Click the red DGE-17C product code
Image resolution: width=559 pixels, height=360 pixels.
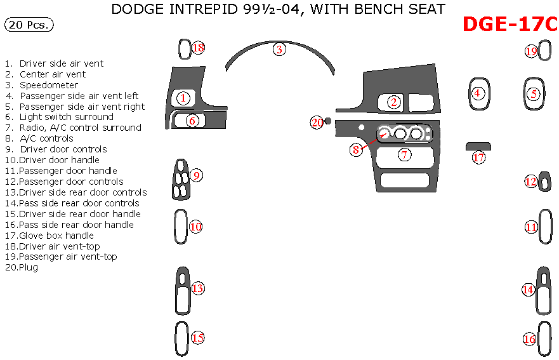[510, 24]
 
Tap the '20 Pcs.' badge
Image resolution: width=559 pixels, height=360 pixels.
[29, 25]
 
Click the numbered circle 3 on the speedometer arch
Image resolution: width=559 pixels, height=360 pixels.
[279, 49]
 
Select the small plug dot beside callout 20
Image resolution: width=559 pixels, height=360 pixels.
[328, 121]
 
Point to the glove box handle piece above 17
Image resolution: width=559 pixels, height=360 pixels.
[479, 146]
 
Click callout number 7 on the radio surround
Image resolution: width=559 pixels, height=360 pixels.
[404, 154]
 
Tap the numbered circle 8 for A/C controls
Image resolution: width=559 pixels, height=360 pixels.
[357, 150]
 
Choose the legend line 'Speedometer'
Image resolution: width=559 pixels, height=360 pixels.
[48, 85]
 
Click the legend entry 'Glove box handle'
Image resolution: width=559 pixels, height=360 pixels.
[56, 236]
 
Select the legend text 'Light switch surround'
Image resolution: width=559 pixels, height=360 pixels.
[66, 117]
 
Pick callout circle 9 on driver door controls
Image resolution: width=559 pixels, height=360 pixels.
[197, 176]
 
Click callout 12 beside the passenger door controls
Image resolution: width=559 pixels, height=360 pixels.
[530, 182]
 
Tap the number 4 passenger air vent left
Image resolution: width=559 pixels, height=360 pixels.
[478, 93]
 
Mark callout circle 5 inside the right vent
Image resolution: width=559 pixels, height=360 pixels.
[534, 94]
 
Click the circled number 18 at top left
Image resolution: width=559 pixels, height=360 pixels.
[198, 48]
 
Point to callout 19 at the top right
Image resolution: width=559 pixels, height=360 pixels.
[531, 51]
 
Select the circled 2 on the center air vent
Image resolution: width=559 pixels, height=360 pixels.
[394, 102]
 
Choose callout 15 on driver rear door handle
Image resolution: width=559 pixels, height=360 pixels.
[197, 338]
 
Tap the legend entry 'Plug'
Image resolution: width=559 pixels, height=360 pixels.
[28, 268]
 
